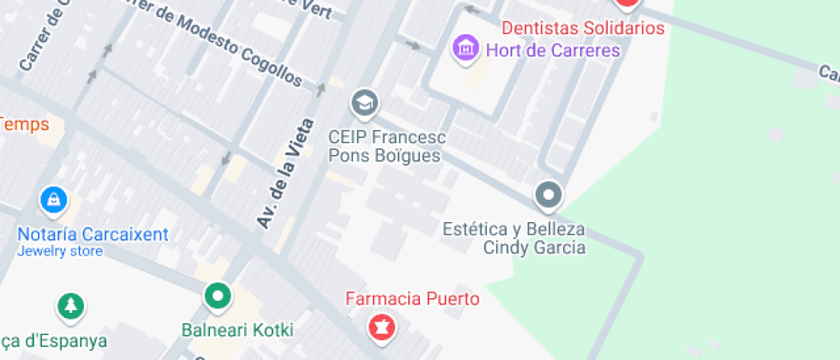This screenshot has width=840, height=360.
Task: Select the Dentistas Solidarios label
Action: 583,28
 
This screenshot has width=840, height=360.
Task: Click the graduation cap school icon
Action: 364,103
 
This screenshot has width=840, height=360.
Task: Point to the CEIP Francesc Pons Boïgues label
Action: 387,147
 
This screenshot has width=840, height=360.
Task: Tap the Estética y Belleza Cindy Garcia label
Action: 513,238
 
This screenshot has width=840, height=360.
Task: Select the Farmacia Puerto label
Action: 412,298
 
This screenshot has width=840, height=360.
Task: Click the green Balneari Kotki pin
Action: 218,297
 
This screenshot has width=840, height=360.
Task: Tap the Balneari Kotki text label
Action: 237,330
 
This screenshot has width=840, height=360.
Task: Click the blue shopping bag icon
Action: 54,201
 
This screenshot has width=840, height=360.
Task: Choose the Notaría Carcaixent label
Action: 93,234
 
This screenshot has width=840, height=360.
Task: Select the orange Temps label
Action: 23,124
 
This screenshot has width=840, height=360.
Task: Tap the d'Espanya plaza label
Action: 56,340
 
